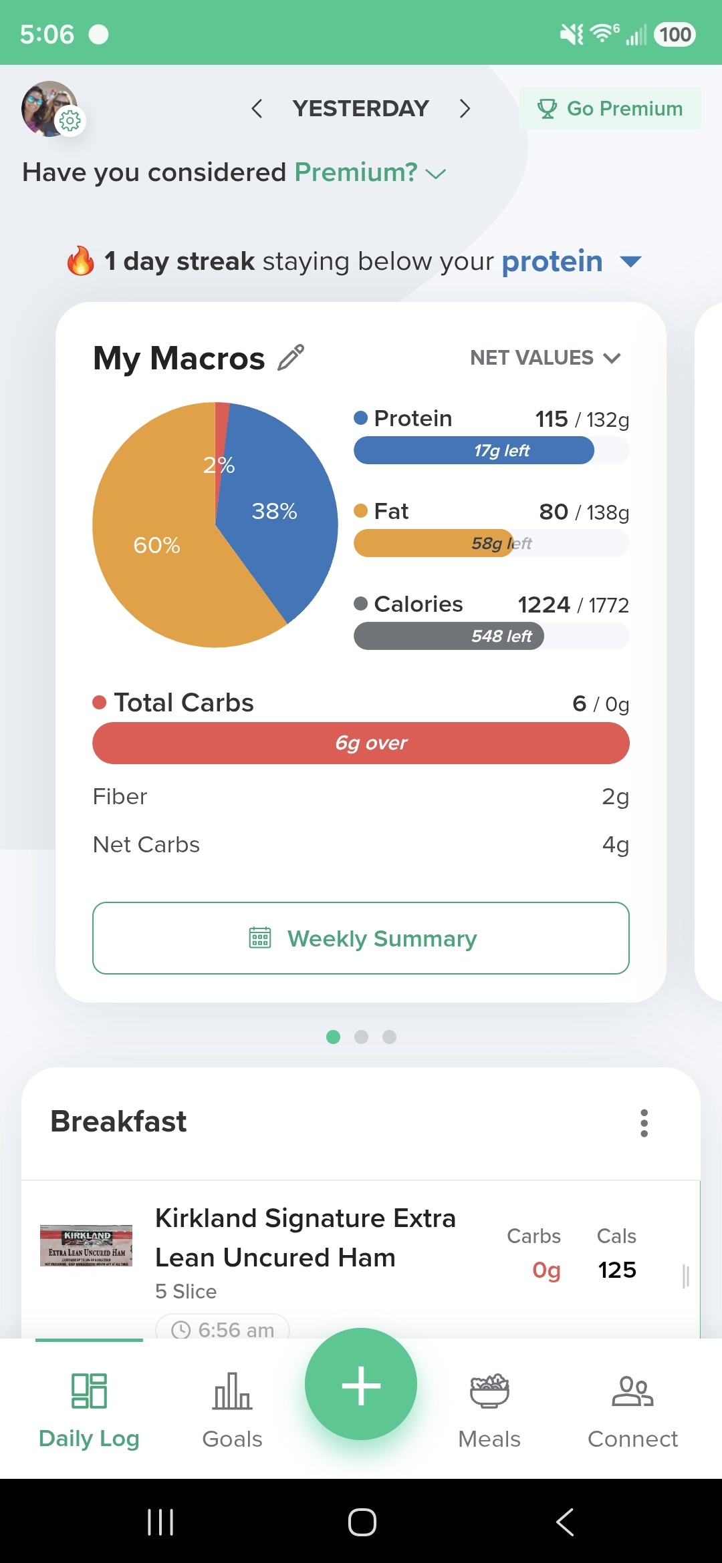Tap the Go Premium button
tap(610, 108)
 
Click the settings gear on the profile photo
tap(70, 121)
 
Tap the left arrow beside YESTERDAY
tap(257, 108)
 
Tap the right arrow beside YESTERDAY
tap(465, 108)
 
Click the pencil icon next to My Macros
tap(291, 357)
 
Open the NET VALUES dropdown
tap(546, 358)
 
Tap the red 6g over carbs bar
tap(361, 743)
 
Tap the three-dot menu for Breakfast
tap(644, 1123)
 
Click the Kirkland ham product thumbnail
tap(86, 1246)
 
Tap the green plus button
tap(361, 1384)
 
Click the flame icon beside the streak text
tap(81, 260)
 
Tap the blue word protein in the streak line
tap(552, 262)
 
